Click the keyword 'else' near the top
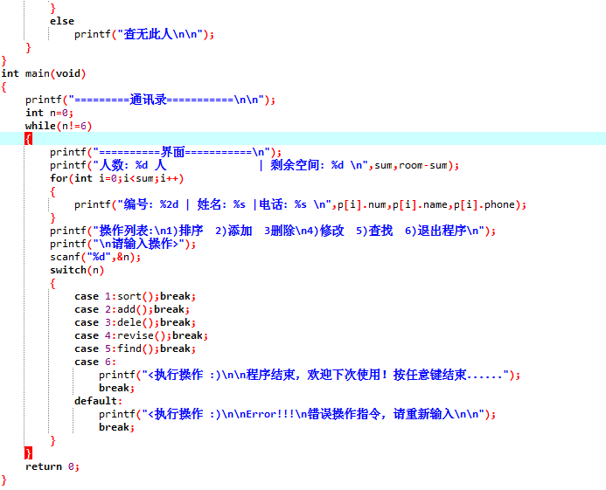[x=62, y=21]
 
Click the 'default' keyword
[x=95, y=401]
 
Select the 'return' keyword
[x=43, y=466]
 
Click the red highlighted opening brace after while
[x=28, y=139]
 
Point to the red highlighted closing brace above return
[x=28, y=453]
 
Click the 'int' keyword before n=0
[x=34, y=113]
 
